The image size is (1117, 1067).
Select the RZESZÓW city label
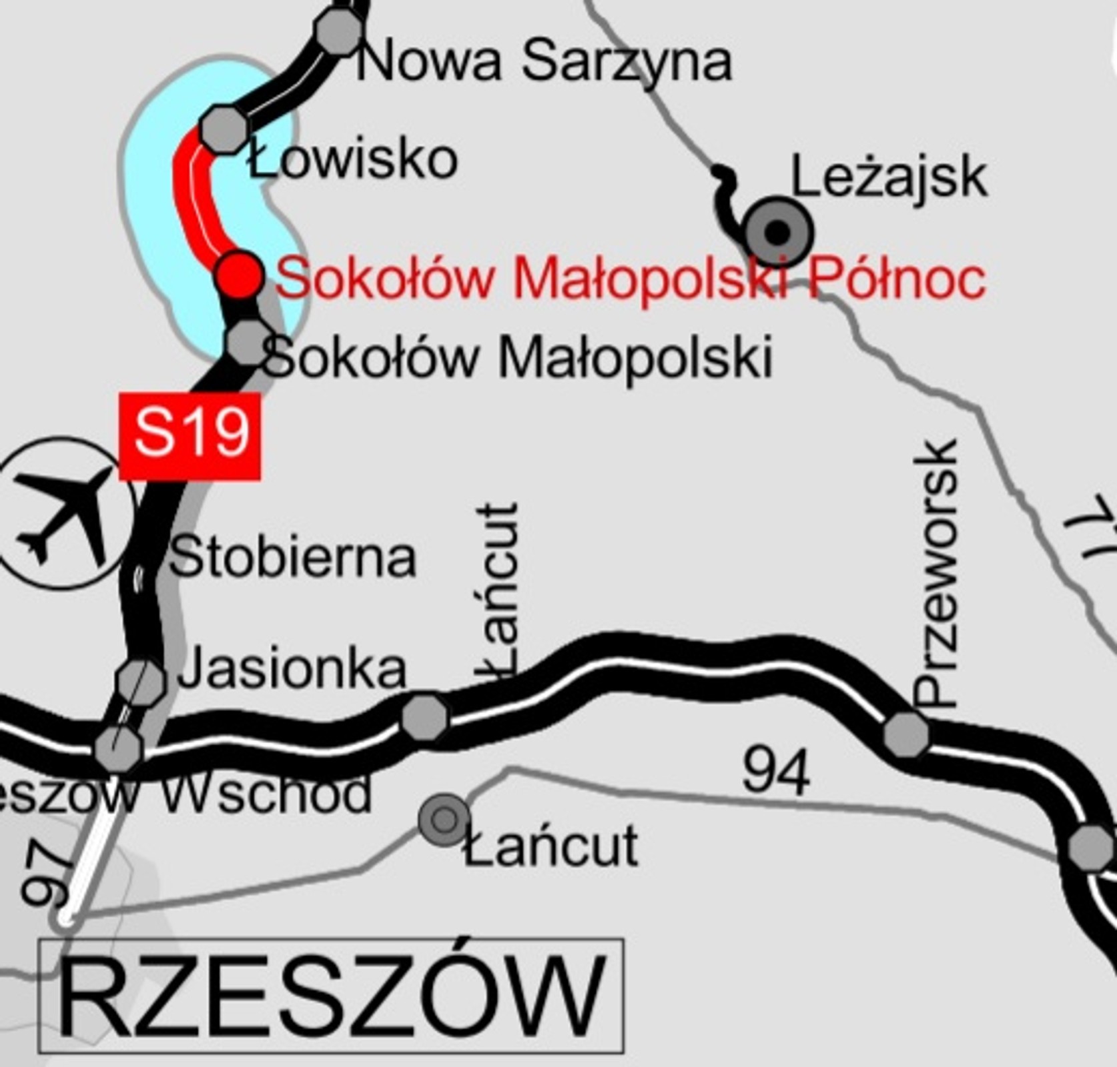pos(332,996)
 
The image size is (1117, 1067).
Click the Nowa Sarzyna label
pos(544,61)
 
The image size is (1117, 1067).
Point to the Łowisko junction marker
pos(224,128)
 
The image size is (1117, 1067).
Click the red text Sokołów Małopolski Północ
pos(631,278)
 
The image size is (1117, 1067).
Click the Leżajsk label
pos(888,176)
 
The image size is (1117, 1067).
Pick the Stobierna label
pos(293,558)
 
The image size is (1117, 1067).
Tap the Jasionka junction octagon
pos(140,682)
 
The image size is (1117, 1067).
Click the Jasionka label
pos(292,669)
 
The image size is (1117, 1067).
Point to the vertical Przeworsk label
pos(938,574)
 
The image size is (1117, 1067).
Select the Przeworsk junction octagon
pos(905,734)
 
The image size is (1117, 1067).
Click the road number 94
pos(776,772)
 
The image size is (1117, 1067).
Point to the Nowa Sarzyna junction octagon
pos(339,30)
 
